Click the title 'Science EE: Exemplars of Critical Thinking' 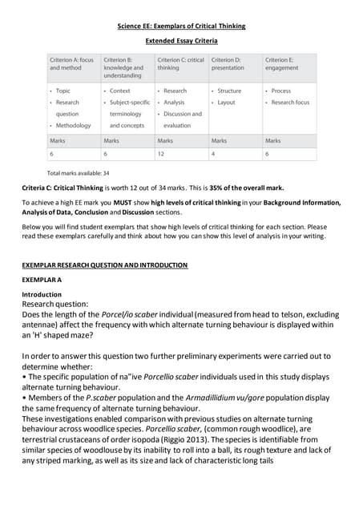[x=181, y=26]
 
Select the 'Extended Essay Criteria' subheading [x=181, y=40]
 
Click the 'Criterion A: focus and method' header [x=71, y=64]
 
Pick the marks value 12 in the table [x=161, y=153]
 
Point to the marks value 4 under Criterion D [x=213, y=153]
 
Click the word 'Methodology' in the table [x=75, y=126]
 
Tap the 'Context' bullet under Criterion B [x=120, y=91]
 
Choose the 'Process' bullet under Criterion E [x=281, y=91]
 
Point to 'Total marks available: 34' [x=79, y=173]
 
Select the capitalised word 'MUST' [x=105, y=203]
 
